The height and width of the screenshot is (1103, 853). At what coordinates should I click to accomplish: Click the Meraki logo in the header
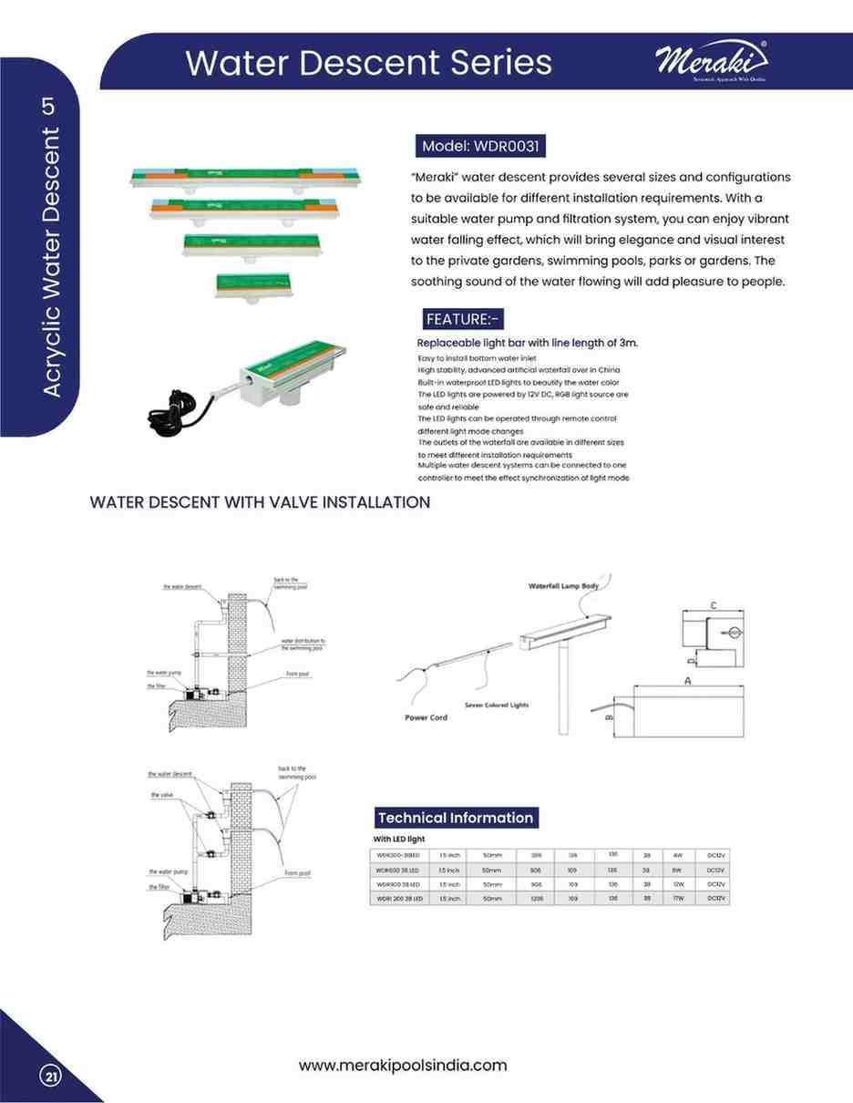pos(711,63)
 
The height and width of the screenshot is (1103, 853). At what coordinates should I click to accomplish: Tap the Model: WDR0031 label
pos(481,146)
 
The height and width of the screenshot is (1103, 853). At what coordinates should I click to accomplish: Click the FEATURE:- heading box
pos(463,318)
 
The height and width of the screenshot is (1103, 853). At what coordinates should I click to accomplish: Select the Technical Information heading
pos(456,818)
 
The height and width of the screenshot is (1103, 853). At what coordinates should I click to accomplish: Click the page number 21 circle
pos(51,1077)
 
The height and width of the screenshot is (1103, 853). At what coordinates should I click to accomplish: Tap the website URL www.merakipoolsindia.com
pos(403,1065)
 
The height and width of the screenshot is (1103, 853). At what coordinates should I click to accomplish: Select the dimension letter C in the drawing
pos(713,605)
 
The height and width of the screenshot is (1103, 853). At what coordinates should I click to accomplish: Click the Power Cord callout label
pos(426,717)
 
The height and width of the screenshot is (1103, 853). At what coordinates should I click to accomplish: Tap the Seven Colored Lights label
pos(496,705)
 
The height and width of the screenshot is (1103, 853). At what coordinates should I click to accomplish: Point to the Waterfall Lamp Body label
pos(563,586)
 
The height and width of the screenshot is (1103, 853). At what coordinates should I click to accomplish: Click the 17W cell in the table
pos(678,899)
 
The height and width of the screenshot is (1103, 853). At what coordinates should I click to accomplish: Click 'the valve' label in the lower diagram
pos(161,795)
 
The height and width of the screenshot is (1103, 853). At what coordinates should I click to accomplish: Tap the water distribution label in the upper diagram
pos(303,644)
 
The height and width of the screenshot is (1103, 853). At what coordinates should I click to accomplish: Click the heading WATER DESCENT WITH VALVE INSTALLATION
pos(260,502)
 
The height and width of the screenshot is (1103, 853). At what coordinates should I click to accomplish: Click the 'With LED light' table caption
pos(399,839)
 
